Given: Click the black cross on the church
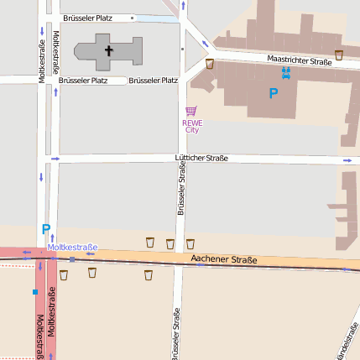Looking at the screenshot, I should (108, 50).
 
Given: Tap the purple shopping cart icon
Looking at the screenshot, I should (191, 111).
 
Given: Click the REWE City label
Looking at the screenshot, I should (191, 126).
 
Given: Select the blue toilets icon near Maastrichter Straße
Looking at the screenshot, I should (286, 73).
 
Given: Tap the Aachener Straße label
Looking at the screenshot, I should (224, 260).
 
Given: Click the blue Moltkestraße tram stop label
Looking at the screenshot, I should (72, 247).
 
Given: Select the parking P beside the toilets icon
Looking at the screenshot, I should (273, 94).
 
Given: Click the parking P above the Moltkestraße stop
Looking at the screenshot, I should (46, 228).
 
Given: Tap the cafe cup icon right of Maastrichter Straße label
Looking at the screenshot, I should (339, 55).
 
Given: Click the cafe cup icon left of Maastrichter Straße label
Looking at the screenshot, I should (210, 64).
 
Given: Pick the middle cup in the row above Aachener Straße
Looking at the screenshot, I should (170, 243).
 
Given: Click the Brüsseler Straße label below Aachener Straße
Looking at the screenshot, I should (176, 334).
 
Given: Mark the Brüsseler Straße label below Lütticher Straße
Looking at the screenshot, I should (180, 189).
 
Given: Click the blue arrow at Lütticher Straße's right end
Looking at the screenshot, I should (347, 160).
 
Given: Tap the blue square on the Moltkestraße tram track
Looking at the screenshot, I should (35, 292).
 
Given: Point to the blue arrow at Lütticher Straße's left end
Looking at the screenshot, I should (55, 158).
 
